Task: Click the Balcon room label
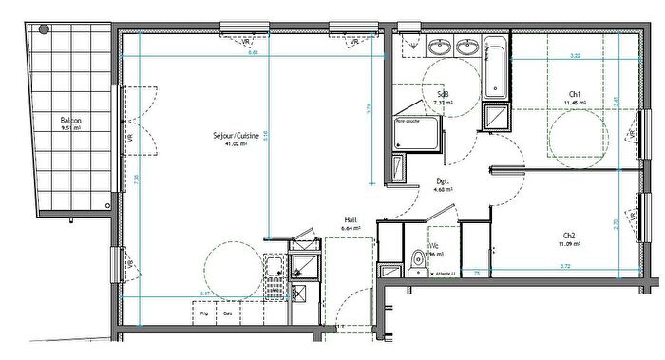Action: point(70,121)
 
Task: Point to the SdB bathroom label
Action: point(442,92)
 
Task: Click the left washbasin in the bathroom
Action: point(440,47)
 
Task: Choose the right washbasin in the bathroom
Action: point(467,47)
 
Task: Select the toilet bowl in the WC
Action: point(418,258)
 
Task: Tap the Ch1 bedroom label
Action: point(575,93)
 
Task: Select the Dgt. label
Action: point(443,180)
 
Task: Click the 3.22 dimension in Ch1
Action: point(575,56)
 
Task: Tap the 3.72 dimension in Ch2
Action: point(565,267)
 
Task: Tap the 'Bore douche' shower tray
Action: point(417,133)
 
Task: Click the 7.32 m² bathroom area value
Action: point(441,102)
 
